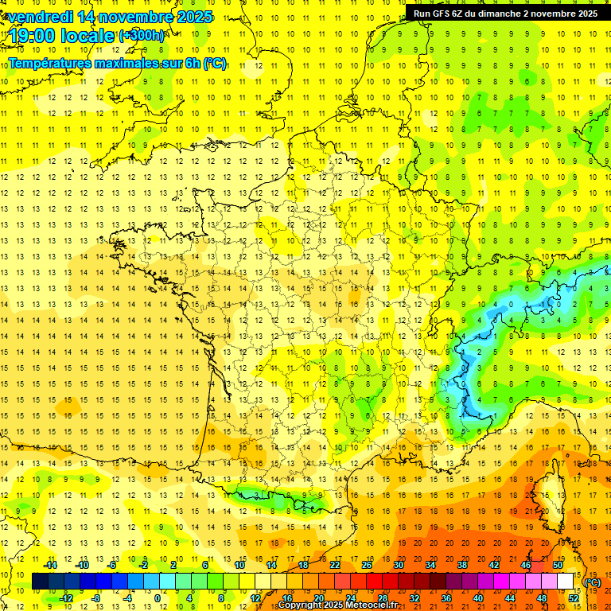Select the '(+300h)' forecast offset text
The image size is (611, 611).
point(142,36)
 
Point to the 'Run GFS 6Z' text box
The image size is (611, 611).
point(505,13)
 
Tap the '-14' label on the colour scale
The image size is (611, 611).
point(51,565)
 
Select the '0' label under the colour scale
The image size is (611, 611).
point(158,597)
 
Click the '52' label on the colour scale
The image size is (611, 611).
point(574,597)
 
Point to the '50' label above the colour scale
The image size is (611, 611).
point(558,565)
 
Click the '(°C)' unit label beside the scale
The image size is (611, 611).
point(593,582)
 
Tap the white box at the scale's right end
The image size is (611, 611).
point(566,582)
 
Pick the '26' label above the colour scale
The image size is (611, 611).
point(367,565)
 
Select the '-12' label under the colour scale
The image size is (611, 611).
point(67,597)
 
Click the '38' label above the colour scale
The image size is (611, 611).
point(462,565)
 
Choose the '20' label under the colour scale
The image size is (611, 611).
point(319,597)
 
